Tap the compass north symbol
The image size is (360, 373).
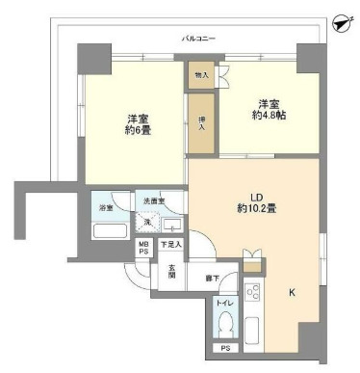(340, 22)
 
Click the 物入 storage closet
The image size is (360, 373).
(201, 74)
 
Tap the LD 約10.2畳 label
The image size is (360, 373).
(251, 200)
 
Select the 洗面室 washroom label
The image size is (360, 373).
(156, 200)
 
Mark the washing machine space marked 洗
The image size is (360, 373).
(149, 221)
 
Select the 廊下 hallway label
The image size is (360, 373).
(212, 280)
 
